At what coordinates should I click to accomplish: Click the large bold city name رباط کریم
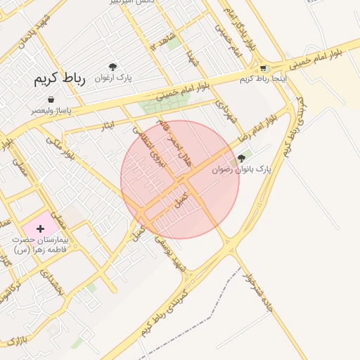[59, 79]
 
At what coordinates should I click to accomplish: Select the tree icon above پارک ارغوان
[112, 66]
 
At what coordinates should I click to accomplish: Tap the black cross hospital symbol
[40, 229]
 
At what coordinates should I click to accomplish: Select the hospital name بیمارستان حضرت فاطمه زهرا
[38, 245]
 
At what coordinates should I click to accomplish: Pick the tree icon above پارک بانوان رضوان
[242, 159]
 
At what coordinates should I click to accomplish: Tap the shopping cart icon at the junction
[264, 69]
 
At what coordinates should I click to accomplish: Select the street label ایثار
[107, 125]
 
